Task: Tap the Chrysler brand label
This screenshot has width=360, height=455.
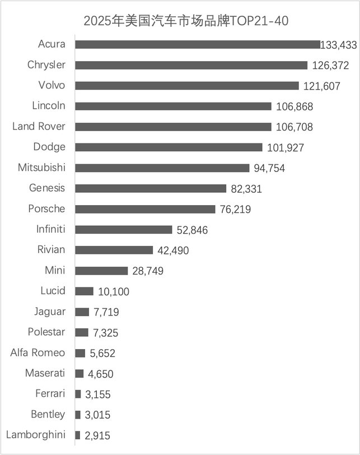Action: pos(46,65)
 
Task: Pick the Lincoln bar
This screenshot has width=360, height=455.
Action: pos(173,106)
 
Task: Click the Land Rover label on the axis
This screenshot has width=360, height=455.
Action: pos(39,127)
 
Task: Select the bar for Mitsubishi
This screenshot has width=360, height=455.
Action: pos(162,168)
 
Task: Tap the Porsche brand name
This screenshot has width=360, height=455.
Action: pos(46,209)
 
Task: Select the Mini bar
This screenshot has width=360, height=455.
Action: pos(101,271)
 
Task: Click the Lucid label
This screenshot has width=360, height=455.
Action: pos(53,291)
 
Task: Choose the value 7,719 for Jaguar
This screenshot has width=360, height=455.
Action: pos(106,312)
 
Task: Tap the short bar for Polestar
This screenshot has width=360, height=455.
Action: pos(82,332)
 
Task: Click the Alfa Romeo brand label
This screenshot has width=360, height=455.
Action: pos(38,353)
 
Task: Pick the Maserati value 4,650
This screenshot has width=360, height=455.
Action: pos(103,374)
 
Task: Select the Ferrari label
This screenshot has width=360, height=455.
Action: pos(50,394)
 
